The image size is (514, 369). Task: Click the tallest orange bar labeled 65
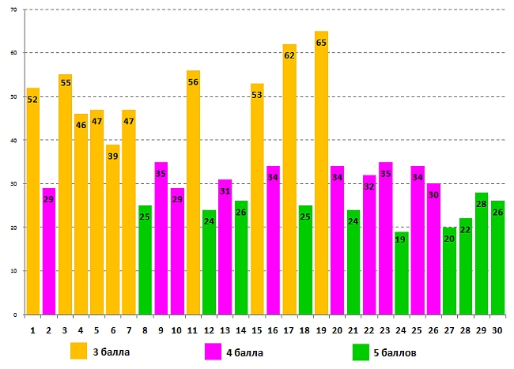[x=321, y=182]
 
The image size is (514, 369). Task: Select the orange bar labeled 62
[x=289, y=190]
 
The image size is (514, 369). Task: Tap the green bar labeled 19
[x=402, y=277]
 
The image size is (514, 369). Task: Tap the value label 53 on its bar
[x=257, y=96]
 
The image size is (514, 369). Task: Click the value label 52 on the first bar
[x=32, y=100]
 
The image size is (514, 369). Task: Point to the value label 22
[x=465, y=230]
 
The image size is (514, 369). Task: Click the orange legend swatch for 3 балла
[x=79, y=351]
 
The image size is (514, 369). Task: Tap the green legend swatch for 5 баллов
[x=361, y=351]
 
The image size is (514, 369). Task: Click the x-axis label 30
[x=497, y=329]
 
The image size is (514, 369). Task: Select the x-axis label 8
[x=146, y=329]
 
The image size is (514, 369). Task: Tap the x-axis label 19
[x=321, y=329]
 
